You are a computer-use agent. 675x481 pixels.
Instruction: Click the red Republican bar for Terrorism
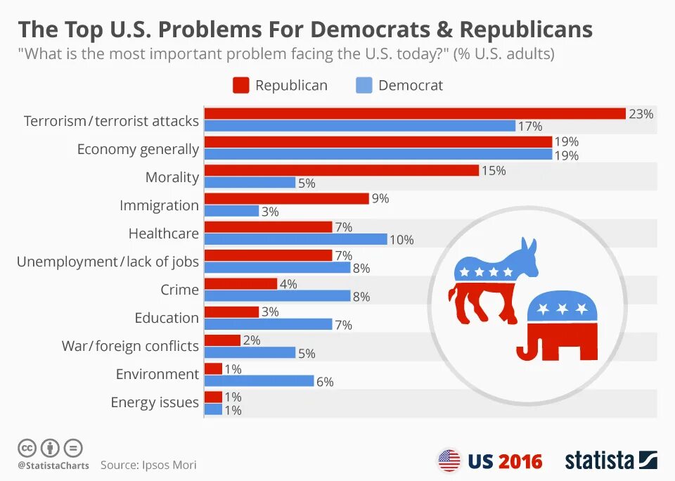coord(415,113)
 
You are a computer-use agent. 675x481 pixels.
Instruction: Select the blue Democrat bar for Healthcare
coord(295,239)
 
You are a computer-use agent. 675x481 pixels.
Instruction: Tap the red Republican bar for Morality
coord(342,170)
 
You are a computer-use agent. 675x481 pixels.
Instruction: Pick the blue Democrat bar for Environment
coord(259,380)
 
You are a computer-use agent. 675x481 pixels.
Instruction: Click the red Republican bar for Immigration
coord(286,198)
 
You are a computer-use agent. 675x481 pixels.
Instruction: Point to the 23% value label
coord(641,113)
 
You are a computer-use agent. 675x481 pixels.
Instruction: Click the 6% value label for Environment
coord(325,382)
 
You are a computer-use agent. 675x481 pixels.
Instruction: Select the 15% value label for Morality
coord(494,170)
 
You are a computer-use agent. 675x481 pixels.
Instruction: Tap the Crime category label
coord(180,290)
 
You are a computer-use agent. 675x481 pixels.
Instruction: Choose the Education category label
coord(167,318)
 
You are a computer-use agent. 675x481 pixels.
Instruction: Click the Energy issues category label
coord(155,402)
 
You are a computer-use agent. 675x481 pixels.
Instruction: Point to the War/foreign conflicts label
coord(131,346)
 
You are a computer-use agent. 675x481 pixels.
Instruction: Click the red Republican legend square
coord(241,86)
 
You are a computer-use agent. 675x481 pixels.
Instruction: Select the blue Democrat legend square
coord(364,86)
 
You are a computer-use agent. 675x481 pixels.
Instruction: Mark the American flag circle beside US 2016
coord(449,461)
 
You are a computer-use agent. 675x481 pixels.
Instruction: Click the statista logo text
coord(600,461)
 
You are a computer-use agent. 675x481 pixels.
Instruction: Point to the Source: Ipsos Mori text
coord(148,465)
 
